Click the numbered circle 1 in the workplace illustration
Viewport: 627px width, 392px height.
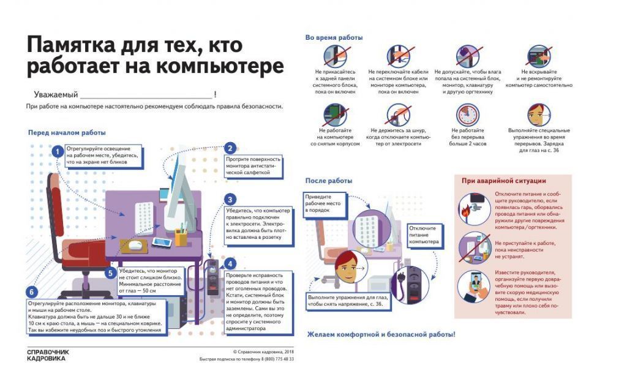(x=57, y=151)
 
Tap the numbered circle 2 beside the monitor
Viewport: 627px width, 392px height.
(x=230, y=148)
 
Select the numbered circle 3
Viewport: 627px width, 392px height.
(x=230, y=200)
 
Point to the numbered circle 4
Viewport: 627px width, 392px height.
(x=230, y=264)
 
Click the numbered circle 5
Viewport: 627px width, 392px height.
(x=110, y=273)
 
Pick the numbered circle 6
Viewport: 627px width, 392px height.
(x=32, y=292)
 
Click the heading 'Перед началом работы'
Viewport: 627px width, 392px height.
(x=67, y=132)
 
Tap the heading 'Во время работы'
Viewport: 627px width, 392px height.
(x=334, y=38)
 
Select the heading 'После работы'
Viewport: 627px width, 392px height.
(x=329, y=181)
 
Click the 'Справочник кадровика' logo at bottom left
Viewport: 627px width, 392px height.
(x=48, y=355)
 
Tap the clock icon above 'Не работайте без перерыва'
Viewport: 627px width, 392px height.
(x=467, y=115)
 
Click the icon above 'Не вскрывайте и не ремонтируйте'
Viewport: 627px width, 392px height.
(x=539, y=57)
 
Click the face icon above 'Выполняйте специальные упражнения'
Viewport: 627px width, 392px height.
(x=539, y=115)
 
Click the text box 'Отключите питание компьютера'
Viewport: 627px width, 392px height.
(x=424, y=235)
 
